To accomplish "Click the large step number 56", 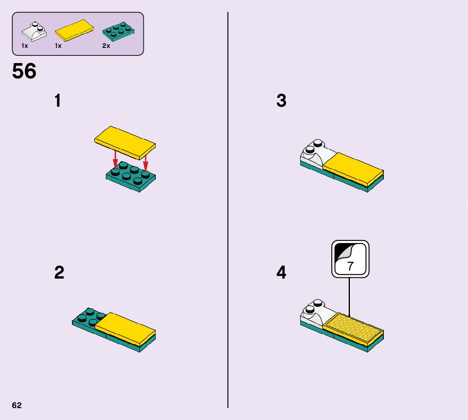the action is tap(24, 71).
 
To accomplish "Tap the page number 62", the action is tap(17, 405).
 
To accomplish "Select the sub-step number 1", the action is tap(58, 101).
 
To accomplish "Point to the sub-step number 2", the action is tap(59, 273).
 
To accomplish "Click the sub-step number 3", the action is tap(281, 101).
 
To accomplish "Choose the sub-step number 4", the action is tap(281, 273).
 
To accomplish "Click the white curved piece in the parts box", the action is tap(34, 31).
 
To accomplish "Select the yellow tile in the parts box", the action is tap(75, 31).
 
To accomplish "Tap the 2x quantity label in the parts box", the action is tap(106, 46).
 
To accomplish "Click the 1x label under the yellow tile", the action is tap(58, 46).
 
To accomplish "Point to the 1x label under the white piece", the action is tap(25, 46).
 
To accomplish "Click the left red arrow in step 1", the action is tap(115, 160).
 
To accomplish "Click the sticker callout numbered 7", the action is tap(350, 259).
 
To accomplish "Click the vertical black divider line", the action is tap(228, 212).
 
